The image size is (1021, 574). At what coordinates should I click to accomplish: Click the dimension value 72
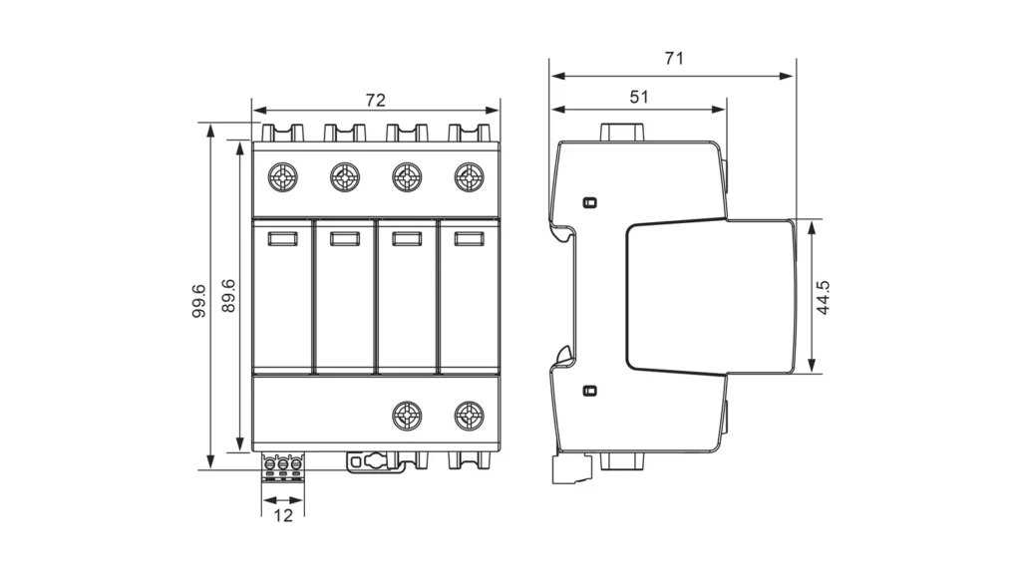(x=375, y=100)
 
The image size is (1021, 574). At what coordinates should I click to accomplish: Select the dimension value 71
(x=675, y=59)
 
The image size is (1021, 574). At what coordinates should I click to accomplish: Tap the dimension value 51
(x=639, y=97)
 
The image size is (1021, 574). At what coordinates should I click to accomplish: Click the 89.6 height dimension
(x=228, y=296)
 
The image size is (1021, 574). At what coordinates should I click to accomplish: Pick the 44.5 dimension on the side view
(x=824, y=297)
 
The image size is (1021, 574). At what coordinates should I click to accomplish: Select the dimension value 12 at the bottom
(x=283, y=515)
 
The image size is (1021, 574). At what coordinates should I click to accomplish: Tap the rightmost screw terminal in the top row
(x=469, y=177)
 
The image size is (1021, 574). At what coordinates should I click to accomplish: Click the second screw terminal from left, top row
(x=345, y=177)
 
